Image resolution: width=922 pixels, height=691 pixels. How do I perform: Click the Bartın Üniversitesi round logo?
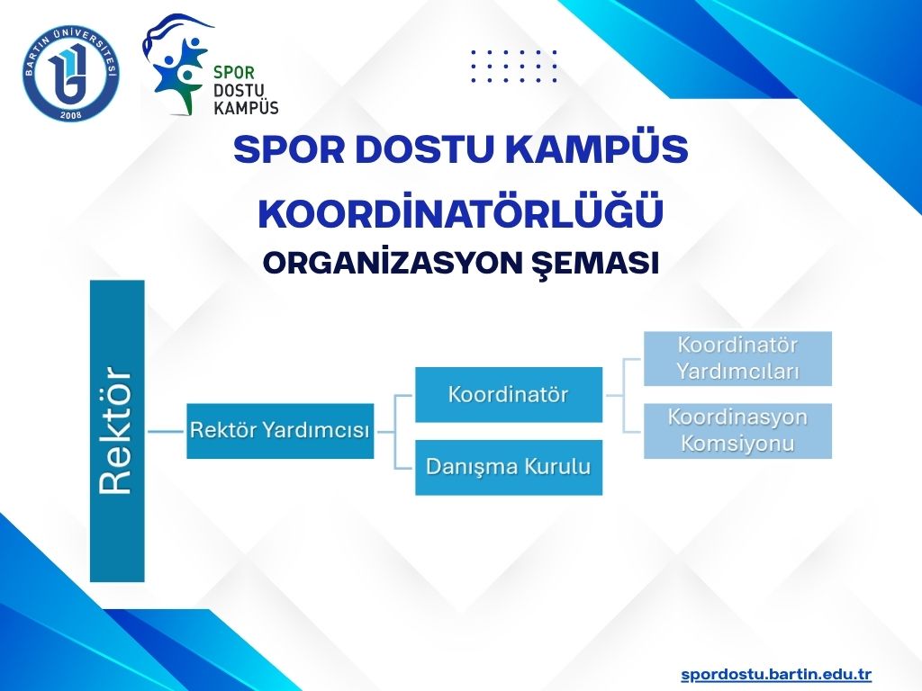72,74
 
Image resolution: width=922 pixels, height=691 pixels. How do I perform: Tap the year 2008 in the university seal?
71,114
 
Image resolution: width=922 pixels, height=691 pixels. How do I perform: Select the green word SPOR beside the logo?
234,73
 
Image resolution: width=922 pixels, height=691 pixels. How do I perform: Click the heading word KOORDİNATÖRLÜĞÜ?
461,212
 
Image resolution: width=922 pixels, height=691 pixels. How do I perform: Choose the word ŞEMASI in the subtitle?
594,264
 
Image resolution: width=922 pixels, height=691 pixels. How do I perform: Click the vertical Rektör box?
117,431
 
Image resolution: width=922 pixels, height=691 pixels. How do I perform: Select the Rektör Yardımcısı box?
280,431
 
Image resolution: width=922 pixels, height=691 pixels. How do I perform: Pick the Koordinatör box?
509,394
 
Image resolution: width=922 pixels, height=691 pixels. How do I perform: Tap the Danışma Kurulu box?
509,467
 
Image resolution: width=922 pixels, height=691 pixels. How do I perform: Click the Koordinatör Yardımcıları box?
737,358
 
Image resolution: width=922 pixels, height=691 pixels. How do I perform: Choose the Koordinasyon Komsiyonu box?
737,431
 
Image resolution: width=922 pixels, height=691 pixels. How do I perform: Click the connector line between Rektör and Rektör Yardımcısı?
166,431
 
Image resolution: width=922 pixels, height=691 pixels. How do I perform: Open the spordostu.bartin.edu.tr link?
776,674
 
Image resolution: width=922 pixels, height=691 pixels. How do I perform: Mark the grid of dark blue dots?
513,65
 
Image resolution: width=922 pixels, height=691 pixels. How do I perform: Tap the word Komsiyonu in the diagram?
737,443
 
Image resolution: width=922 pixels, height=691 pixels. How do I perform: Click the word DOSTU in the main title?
424,149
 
